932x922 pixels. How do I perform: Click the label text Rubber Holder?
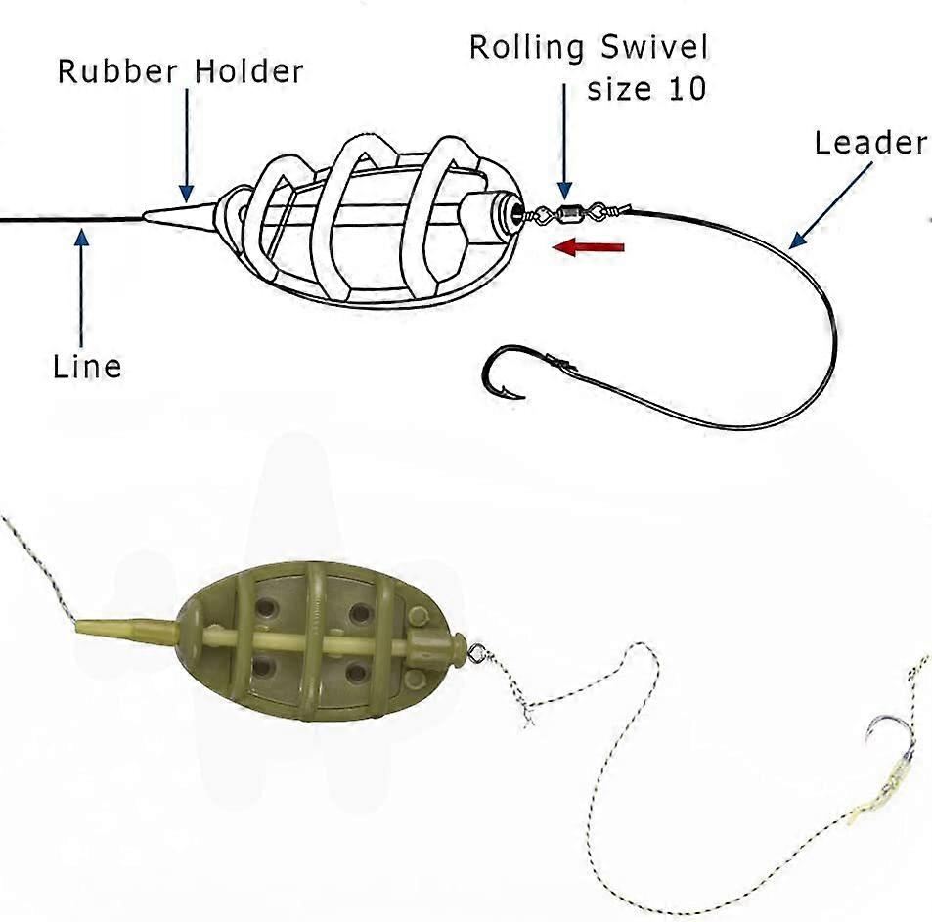click(x=180, y=71)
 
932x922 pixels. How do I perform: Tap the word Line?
click(x=87, y=366)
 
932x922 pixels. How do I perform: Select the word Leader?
click(x=870, y=143)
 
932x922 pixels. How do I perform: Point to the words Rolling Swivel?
click(x=589, y=48)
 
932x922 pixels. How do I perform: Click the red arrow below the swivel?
click(x=588, y=247)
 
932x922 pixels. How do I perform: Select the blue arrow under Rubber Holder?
click(x=187, y=145)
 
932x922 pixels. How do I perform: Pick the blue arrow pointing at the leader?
click(x=830, y=205)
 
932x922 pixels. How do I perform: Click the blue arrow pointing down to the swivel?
click(x=564, y=141)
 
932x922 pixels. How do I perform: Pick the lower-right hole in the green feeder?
click(x=357, y=673)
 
